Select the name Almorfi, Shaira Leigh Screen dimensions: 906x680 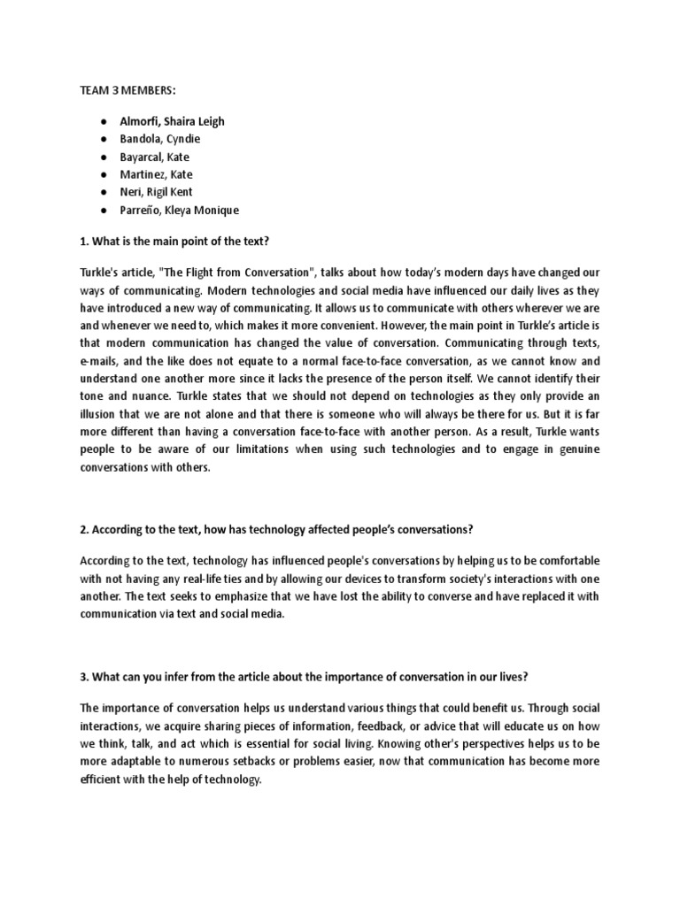[x=173, y=121]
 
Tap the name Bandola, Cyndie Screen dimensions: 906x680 [x=160, y=139]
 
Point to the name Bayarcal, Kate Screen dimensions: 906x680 [x=155, y=157]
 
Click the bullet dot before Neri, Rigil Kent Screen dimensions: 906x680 [x=104, y=192]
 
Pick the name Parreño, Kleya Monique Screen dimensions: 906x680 [x=180, y=210]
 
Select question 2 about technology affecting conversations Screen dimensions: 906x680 [x=276, y=529]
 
